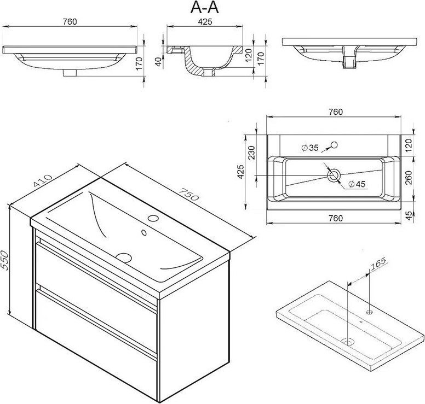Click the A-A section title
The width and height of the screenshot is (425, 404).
[x=204, y=8]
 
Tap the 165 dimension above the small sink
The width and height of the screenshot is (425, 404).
[x=378, y=264]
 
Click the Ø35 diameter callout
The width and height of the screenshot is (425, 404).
[x=310, y=148]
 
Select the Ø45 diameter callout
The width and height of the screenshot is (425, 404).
[x=357, y=184]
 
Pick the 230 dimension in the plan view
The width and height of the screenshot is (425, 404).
[x=252, y=153]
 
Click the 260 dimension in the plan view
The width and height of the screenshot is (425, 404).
[x=409, y=178]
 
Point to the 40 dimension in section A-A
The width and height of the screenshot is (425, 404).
[x=159, y=61]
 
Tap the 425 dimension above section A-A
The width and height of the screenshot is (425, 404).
[x=205, y=22]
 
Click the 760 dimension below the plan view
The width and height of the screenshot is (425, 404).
[x=336, y=218]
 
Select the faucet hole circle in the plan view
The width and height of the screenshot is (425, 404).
[x=334, y=145]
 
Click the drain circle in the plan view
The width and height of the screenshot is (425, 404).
[x=333, y=176]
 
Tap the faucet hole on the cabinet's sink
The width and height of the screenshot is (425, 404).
[x=153, y=218]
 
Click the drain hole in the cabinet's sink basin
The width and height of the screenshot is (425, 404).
[x=124, y=258]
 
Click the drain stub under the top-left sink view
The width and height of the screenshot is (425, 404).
[x=70, y=73]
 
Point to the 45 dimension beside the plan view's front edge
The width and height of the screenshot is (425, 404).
[x=409, y=215]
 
